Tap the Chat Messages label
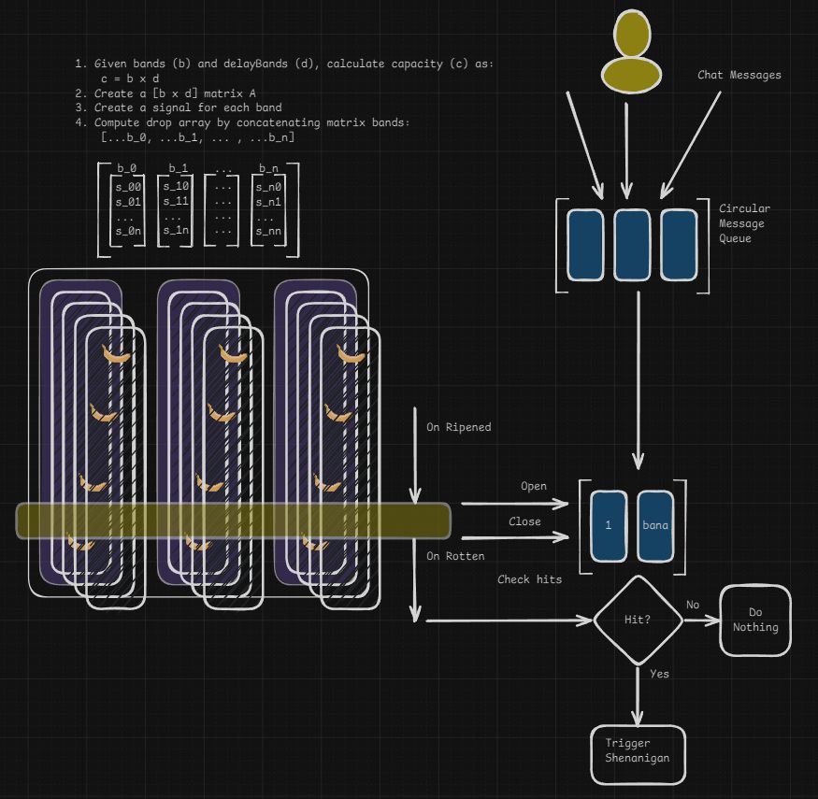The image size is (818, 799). (x=739, y=75)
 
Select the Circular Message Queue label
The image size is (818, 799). (x=744, y=223)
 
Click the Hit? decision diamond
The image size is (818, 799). (x=639, y=619)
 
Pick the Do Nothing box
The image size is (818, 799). (x=754, y=620)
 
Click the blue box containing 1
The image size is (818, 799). (x=609, y=525)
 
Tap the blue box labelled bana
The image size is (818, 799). (x=655, y=525)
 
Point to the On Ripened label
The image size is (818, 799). (x=458, y=427)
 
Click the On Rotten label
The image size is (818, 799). (x=455, y=556)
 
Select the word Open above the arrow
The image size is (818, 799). (x=534, y=486)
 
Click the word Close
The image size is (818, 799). (x=524, y=521)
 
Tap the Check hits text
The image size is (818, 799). (x=529, y=579)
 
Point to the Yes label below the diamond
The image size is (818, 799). (x=659, y=673)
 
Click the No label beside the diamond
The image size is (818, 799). (x=693, y=605)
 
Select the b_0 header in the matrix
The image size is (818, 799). (x=127, y=168)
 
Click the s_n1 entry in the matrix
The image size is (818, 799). (x=269, y=201)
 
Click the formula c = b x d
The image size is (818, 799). (x=130, y=78)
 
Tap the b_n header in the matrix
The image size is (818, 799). (x=268, y=168)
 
